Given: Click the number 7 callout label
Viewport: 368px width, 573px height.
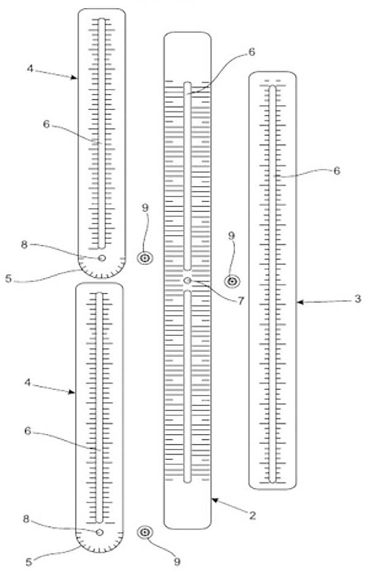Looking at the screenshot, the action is tap(240, 301).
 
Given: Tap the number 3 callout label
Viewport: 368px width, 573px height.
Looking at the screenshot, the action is tap(358, 299).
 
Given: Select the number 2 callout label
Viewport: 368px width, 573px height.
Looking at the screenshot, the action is tap(252, 515).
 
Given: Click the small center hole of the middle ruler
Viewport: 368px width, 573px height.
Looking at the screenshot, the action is tap(188, 280).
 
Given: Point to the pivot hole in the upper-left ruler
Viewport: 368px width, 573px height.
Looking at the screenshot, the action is tap(102, 258).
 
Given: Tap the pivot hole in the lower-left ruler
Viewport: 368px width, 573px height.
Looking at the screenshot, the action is tap(99, 533).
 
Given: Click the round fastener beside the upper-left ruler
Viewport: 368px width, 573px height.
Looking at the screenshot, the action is tap(145, 258).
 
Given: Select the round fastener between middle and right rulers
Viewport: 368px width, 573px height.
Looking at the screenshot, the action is tap(232, 282).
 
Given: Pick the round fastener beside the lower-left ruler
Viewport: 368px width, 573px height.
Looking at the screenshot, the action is tap(145, 533).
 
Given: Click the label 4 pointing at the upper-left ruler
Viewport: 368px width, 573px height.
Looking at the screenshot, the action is tap(30, 68).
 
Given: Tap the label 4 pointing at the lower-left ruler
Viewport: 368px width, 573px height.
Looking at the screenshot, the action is tap(28, 382).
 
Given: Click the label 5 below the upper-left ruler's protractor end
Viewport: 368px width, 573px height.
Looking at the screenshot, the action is tap(9, 279).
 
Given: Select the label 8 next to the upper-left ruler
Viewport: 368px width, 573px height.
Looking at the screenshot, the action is tap(24, 244).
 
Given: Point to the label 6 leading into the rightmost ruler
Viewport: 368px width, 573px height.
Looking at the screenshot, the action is tap(337, 171).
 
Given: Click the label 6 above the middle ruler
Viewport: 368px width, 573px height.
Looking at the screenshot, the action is tap(251, 52).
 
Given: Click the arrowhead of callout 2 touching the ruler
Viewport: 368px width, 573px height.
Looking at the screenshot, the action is tap(215, 500).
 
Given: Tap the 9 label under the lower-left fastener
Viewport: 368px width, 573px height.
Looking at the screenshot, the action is tap(177, 561).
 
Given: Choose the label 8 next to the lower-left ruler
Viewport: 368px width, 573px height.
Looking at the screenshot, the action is tap(26, 519).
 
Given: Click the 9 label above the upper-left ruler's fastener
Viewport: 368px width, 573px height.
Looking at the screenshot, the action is tap(145, 208).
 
